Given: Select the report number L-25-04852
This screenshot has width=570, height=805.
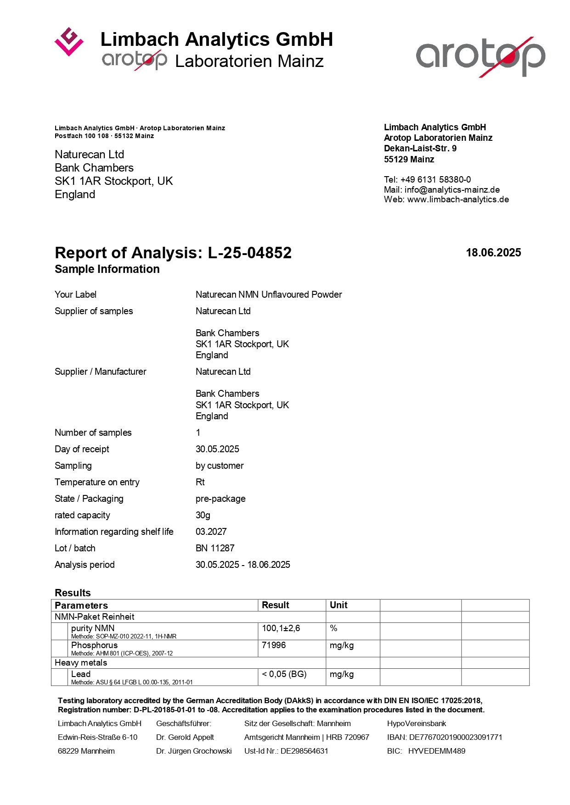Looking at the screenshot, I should [249, 253].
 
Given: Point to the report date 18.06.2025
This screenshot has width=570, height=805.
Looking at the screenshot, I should [493, 253].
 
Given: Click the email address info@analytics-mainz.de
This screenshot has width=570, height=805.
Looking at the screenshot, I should [452, 189].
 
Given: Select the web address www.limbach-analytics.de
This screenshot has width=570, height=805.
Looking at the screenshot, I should [458, 200].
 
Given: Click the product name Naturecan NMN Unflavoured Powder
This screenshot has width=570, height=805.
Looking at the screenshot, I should [269, 294].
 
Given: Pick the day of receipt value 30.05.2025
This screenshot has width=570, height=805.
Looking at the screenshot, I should [217, 449].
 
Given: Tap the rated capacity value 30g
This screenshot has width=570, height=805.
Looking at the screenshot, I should [203, 515].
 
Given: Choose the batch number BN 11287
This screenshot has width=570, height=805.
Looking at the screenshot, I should [215, 548].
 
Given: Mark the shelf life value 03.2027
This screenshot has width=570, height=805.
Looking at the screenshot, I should [211, 532].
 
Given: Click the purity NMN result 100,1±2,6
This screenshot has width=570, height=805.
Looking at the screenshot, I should [281, 628].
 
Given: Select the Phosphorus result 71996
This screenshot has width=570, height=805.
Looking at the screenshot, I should [274, 645].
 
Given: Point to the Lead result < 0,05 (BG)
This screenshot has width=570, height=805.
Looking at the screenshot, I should [284, 674].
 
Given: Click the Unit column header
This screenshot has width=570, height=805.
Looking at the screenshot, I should [339, 605].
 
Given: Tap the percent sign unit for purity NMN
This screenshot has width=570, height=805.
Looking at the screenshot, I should [333, 628].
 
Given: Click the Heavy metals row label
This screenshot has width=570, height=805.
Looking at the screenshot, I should [81, 663].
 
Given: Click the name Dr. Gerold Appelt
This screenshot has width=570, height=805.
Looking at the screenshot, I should [185, 737].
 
